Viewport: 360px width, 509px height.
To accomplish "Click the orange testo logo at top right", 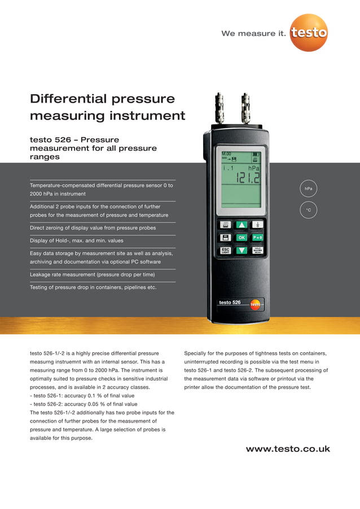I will [x=309, y=32].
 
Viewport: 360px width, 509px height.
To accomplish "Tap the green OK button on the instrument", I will [x=242, y=238].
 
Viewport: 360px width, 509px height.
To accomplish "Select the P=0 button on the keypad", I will [x=257, y=238].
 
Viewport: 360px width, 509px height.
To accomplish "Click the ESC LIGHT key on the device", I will [x=225, y=250].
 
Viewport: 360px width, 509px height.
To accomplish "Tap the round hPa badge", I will [x=308, y=188].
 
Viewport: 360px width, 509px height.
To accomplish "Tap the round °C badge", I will [x=308, y=210].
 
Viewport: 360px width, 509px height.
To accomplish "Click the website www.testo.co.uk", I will [x=288, y=449].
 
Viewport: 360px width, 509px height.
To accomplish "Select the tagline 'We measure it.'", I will [x=254, y=33].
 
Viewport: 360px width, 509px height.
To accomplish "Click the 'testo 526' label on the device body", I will [x=230, y=302].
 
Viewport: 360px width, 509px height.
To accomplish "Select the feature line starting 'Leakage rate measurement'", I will [x=92, y=275].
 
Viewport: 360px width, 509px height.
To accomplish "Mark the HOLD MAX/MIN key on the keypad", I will [x=257, y=250].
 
